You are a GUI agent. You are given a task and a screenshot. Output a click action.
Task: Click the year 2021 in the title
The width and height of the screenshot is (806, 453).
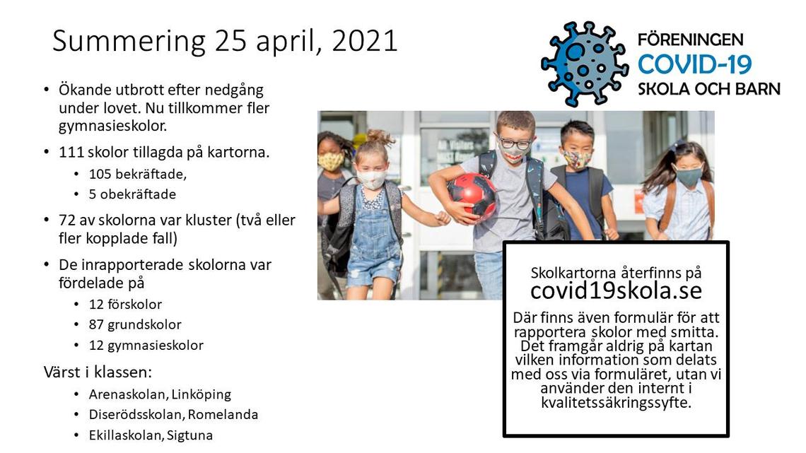tap(365, 40)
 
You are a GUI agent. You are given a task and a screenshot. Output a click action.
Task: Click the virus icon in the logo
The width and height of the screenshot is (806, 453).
tap(585, 64)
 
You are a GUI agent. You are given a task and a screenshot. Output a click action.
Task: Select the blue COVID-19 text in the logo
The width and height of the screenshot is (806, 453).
tap(694, 64)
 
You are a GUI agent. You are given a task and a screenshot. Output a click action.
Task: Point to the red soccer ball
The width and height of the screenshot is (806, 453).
tap(472, 196)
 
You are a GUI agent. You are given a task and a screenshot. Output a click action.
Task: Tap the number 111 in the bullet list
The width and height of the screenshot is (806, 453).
tap(71, 153)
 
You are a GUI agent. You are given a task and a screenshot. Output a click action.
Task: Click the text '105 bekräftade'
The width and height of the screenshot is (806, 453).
tap(138, 174)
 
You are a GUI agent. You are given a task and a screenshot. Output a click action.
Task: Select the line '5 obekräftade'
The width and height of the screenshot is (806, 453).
tap(132, 194)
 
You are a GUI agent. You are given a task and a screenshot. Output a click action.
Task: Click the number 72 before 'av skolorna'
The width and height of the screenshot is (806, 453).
tap(67, 220)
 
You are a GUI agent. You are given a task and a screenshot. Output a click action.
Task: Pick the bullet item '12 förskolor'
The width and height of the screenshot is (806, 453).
tap(125, 304)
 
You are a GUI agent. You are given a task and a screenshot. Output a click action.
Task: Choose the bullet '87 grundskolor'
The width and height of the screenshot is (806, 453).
tap(135, 324)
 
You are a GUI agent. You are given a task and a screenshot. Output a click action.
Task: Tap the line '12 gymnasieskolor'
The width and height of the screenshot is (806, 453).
tap(146, 345)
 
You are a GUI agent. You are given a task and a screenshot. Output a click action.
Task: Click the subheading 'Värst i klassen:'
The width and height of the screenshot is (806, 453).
tap(98, 372)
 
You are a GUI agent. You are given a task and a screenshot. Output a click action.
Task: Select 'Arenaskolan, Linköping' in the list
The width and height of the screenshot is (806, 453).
tap(160, 394)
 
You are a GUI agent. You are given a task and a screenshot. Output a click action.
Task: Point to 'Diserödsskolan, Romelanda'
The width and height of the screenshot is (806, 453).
tap(173, 414)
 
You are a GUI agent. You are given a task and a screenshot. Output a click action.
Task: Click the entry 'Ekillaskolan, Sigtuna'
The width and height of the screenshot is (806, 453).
tap(151, 435)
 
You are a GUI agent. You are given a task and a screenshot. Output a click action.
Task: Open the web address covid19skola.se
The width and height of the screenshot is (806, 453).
tap(616, 290)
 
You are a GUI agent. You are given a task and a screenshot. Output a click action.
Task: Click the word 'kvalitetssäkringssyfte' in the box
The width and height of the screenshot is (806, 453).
tap(616, 402)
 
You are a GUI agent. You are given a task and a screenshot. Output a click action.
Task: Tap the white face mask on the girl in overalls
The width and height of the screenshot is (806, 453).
tap(371, 180)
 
